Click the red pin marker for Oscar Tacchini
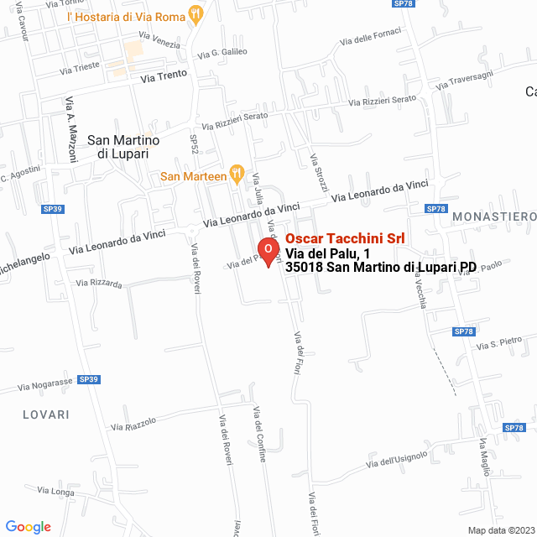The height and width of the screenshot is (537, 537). pyautogui.click(x=268, y=251)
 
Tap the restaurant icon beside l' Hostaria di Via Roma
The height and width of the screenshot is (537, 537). pyautogui.click(x=196, y=13)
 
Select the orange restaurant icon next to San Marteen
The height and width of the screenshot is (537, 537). pyautogui.click(x=237, y=175)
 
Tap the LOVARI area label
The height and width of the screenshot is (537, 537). pyautogui.click(x=46, y=414)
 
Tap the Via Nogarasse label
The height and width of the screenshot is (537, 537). pyautogui.click(x=44, y=383)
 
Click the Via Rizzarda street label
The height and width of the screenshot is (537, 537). pyautogui.click(x=99, y=284)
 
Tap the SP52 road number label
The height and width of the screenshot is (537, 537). pyautogui.click(x=194, y=144)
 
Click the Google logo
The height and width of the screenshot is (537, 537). pyautogui.click(x=28, y=526)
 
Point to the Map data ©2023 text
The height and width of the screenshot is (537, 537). pyautogui.click(x=499, y=529)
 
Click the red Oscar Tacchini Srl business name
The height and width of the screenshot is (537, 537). pyautogui.click(x=345, y=239)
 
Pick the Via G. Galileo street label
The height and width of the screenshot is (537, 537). pyautogui.click(x=222, y=53)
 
